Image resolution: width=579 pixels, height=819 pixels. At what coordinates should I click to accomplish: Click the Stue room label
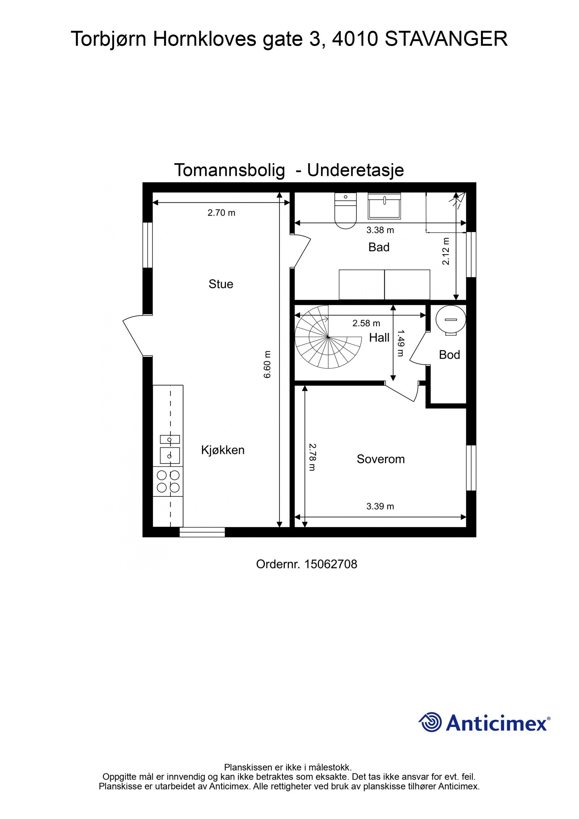point(220,284)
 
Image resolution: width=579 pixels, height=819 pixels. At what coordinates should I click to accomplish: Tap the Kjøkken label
point(223,450)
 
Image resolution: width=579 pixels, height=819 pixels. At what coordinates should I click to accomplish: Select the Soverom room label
point(380,459)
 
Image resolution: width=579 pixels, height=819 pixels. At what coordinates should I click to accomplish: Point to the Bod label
point(449,355)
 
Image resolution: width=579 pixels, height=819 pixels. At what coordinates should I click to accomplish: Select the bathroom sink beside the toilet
point(384,206)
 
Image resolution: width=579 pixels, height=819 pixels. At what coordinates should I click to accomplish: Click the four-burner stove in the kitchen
point(168,481)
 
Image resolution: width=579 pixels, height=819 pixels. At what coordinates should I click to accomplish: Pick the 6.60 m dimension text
point(267,364)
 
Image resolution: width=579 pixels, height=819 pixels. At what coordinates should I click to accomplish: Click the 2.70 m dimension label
point(221,213)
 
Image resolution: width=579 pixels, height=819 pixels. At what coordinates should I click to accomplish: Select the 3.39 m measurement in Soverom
point(380,506)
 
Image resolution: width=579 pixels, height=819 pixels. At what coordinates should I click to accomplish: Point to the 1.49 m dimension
point(400,343)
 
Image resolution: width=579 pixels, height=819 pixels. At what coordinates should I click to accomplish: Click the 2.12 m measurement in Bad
point(446,251)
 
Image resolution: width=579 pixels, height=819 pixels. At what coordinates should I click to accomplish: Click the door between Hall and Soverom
point(402,392)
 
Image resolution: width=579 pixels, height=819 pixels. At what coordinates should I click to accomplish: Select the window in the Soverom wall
point(471,468)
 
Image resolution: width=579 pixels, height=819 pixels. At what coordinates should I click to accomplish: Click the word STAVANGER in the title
point(446,39)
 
